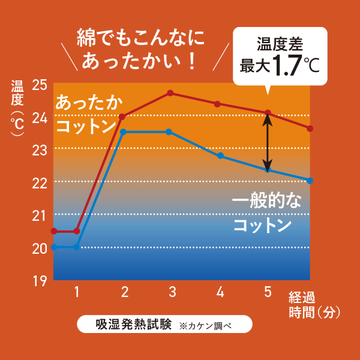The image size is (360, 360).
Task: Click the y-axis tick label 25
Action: point(39,85)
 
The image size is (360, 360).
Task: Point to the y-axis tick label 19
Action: point(39,281)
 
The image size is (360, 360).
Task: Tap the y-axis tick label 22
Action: point(39,183)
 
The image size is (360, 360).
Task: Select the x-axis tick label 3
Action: point(172,292)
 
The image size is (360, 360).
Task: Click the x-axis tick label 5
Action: point(268,292)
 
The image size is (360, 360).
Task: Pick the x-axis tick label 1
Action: point(77,292)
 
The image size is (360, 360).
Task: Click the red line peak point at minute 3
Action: point(170,93)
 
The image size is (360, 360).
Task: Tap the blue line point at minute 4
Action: point(220,156)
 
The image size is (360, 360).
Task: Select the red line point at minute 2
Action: point(122,116)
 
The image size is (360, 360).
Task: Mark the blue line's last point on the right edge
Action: point(310,181)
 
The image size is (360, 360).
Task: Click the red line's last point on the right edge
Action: point(310,128)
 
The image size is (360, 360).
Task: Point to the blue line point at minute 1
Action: point(76,247)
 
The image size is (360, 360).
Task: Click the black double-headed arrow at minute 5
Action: point(268,142)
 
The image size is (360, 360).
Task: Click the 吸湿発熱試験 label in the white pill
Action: point(133,325)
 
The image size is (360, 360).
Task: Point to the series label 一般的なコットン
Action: point(262,213)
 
